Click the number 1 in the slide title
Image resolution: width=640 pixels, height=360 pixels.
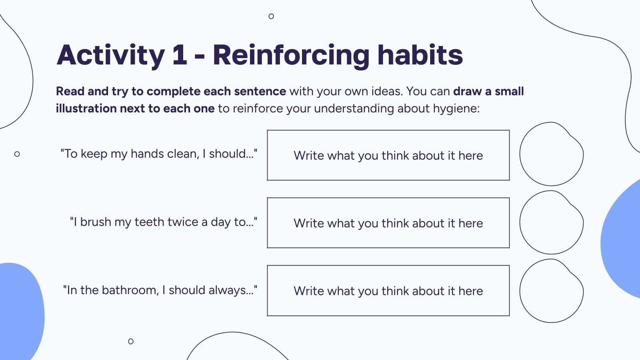point(180,55)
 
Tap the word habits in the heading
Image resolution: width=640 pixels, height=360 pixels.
point(420,55)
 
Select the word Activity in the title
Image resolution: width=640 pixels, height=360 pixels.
point(111,56)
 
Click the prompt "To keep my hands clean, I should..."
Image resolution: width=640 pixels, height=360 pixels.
point(159,154)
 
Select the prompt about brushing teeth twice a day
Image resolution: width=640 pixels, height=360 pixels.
point(164,222)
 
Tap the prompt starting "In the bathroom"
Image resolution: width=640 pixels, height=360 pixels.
point(160,290)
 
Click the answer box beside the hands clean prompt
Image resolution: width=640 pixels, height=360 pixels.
point(388,155)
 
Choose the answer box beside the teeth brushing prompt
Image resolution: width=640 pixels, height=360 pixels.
point(388,223)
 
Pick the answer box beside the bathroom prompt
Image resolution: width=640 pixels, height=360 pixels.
point(388,291)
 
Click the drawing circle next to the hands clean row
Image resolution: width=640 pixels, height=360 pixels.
point(551,154)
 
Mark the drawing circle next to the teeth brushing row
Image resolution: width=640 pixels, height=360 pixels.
point(551,223)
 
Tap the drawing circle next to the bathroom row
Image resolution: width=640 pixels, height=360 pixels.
point(551,291)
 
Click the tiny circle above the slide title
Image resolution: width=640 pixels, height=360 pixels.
point(271,16)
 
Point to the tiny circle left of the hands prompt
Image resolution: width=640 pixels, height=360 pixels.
point(17,154)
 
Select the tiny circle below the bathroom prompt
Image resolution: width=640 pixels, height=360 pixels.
point(131,341)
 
